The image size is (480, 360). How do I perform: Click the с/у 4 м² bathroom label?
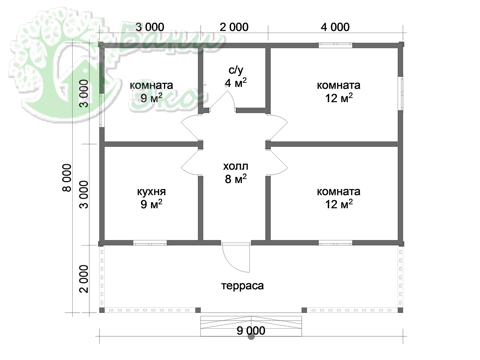pyautogui.click(x=236, y=76)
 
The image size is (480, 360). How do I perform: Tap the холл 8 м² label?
pyautogui.click(x=236, y=173)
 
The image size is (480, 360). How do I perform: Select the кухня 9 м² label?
pyautogui.click(x=151, y=198)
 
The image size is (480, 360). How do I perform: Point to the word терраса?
pyautogui.click(x=243, y=286)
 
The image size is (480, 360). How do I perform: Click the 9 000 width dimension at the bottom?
pyautogui.click(x=251, y=331)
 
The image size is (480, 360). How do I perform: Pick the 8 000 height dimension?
pyautogui.click(x=67, y=178)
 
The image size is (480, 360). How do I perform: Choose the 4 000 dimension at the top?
pyautogui.click(x=335, y=27)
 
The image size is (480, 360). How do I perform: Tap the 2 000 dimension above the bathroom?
pyautogui.click(x=234, y=27)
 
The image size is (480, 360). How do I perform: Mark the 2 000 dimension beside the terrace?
pyautogui.click(x=84, y=279)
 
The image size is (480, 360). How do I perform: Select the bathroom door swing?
pyautogui.click(x=222, y=100)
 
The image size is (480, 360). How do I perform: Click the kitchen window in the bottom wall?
pyautogui.click(x=150, y=243)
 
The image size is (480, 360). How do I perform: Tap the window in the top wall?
pyautogui.click(x=335, y=45)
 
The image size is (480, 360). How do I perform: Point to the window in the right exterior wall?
pyautogui.click(x=400, y=93)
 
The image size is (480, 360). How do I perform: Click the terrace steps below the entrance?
pyautogui.click(x=251, y=326)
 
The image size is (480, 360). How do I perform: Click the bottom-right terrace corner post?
pyautogui.click(x=400, y=310)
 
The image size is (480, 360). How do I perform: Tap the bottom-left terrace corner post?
pyautogui.click(x=102, y=310)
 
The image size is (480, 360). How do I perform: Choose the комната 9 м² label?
pyautogui.click(x=151, y=92)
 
